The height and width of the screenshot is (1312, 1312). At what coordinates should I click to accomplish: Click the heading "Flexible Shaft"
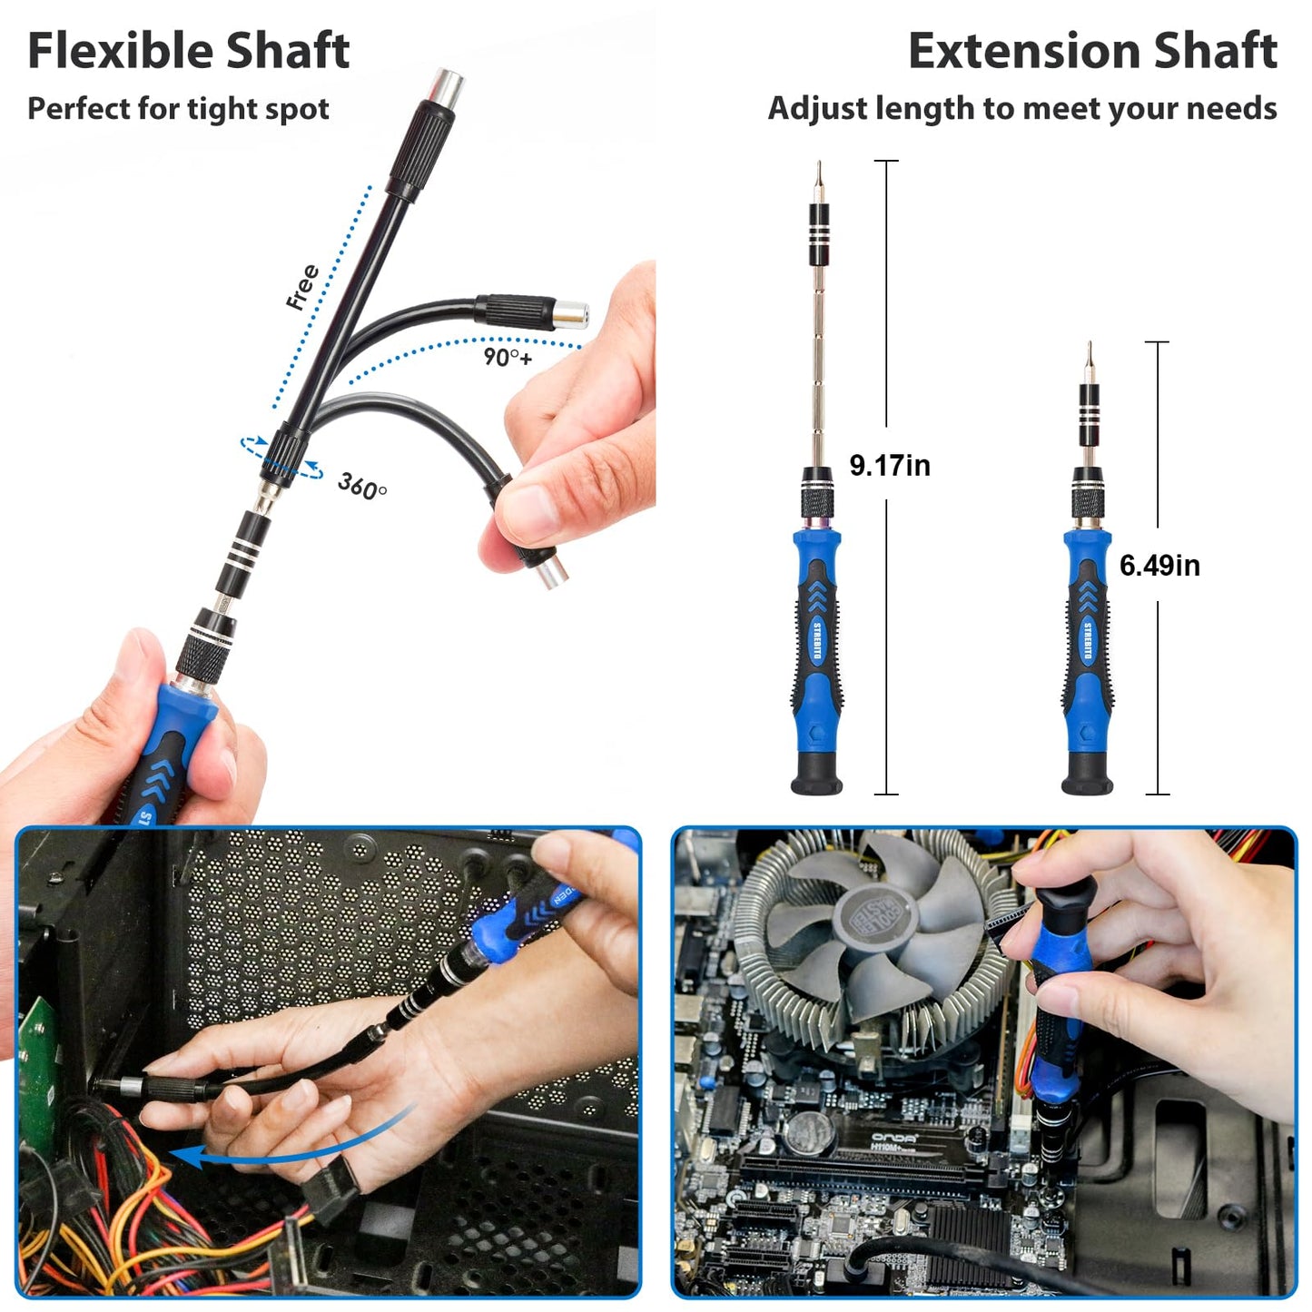coord(188,51)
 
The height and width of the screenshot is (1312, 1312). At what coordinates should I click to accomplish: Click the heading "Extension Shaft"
coord(1092,51)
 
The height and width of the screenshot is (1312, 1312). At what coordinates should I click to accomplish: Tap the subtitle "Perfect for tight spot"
coord(178,109)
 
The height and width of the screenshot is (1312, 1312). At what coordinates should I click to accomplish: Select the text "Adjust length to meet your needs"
coord(1022,108)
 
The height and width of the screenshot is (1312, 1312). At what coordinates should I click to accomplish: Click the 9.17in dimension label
coord(889,465)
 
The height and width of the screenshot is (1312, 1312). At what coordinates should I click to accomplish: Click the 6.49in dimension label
coord(1159,565)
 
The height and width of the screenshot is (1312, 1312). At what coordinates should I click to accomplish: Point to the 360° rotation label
coord(361,486)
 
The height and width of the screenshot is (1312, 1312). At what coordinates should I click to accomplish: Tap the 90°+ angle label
coord(508,357)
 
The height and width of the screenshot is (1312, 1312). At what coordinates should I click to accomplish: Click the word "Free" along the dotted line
coord(302,287)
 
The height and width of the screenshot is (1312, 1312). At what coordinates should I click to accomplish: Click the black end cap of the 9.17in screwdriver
coord(817,776)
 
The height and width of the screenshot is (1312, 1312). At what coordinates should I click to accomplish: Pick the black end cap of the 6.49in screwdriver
coord(1087,777)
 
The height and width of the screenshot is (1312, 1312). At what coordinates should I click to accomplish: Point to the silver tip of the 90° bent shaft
coord(572,314)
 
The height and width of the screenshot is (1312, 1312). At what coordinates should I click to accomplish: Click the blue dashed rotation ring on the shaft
coord(281,457)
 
